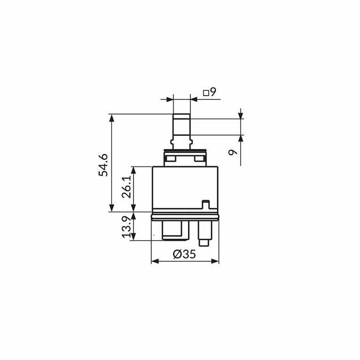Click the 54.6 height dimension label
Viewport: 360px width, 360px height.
tap(103, 165)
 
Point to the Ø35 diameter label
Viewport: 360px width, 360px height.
tap(184, 254)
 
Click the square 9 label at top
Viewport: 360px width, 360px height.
tap(210, 92)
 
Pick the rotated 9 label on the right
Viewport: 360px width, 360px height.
tap(233, 152)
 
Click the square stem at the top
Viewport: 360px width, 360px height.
tap(182, 127)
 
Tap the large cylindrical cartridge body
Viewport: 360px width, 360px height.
tap(185, 188)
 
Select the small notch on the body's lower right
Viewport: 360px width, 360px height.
tap(206, 204)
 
